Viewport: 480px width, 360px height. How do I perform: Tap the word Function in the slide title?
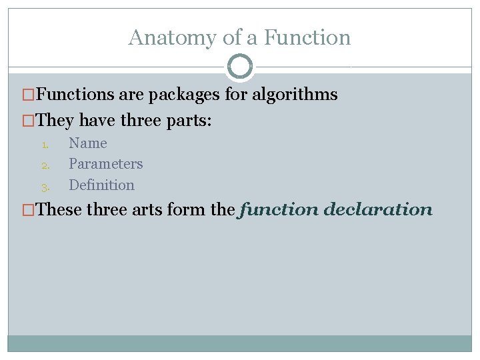pyautogui.click(x=307, y=37)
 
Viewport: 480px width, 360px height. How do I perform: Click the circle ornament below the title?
pyautogui.click(x=240, y=67)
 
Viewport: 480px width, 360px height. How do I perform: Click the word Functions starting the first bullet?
pyautogui.click(x=75, y=95)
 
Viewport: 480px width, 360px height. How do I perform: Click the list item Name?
pyautogui.click(x=88, y=143)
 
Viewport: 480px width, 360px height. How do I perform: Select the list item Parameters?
pyautogui.click(x=106, y=163)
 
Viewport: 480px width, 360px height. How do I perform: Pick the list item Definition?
pyautogui.click(x=101, y=185)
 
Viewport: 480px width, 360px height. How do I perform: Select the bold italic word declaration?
pyautogui.click(x=378, y=209)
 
